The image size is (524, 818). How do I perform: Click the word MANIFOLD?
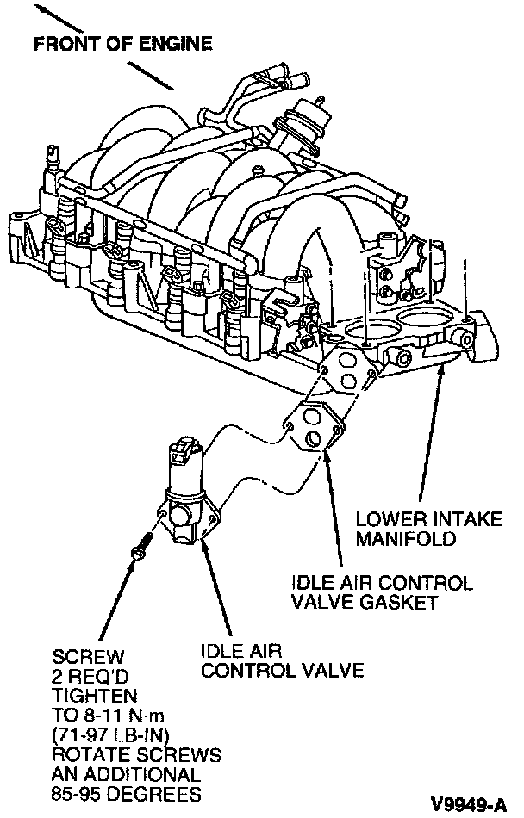pos(406,539)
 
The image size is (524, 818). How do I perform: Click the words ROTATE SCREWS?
pos(136,755)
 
